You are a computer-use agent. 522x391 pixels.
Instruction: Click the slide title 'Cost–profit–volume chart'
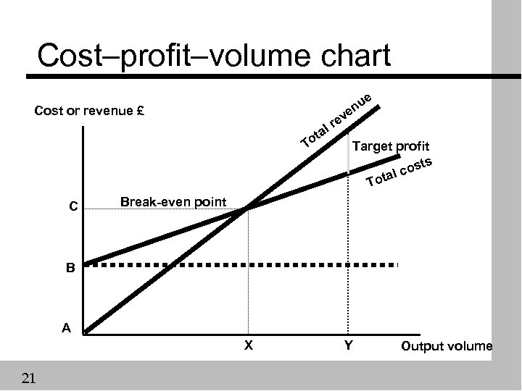(213, 56)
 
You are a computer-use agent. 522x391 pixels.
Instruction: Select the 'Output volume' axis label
(446, 346)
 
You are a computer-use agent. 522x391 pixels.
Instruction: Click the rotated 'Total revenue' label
(337, 118)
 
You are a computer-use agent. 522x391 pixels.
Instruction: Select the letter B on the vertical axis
(70, 269)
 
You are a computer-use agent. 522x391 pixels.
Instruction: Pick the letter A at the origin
(66, 328)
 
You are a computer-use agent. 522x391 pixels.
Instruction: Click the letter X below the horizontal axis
(248, 345)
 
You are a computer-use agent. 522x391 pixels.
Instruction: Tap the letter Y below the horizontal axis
(348, 345)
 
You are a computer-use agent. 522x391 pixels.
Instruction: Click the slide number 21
(29, 377)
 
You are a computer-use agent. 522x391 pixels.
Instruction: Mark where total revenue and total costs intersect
(247, 209)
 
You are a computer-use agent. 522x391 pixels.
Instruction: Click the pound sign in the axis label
(142, 112)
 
